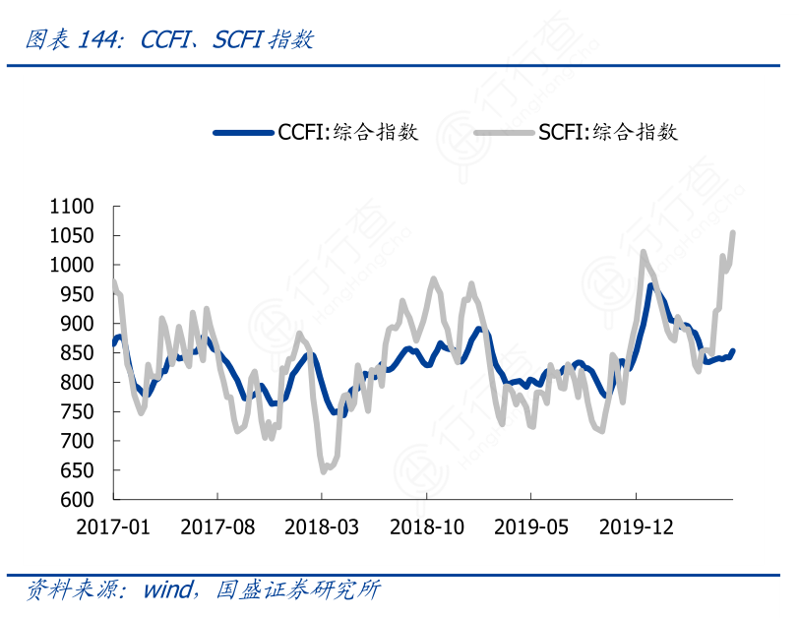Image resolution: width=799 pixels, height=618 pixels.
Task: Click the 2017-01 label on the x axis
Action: pos(113,526)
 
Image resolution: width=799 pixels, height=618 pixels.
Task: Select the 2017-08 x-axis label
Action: pos(217,526)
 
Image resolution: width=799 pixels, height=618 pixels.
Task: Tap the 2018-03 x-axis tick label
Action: pos(322,526)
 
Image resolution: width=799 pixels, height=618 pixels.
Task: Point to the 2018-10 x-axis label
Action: pos(426,526)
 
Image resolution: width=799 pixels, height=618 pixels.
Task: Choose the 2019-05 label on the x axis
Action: pos(531,526)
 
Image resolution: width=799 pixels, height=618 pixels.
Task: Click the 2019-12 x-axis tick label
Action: pos(636,526)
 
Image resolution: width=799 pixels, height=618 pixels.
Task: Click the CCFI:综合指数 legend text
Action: pos(349,132)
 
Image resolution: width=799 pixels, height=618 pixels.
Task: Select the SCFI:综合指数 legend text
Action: pos(608,132)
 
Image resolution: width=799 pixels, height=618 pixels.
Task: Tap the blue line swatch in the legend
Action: pos(243,132)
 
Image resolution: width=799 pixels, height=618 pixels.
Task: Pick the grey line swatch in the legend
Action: pos(503,132)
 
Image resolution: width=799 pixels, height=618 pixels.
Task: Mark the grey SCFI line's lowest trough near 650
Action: pos(324,471)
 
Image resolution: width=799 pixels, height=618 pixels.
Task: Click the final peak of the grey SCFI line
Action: pos(733,233)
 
